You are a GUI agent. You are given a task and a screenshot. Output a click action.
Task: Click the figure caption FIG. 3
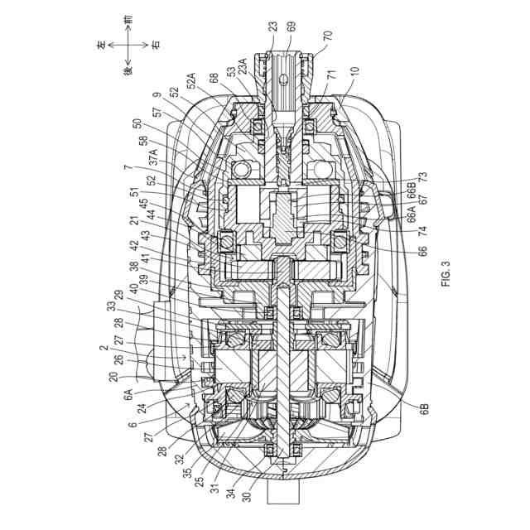pos(448,274)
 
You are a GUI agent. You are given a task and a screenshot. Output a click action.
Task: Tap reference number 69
pos(291,28)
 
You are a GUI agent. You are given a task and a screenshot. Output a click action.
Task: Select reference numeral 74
pos(401,231)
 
